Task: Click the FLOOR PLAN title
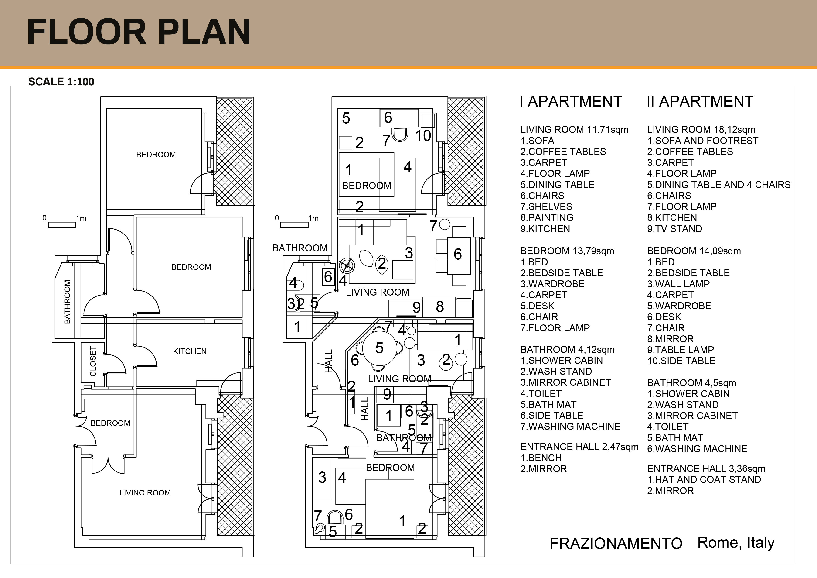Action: tap(138, 32)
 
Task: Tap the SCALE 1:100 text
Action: tap(61, 82)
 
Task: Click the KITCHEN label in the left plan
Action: tap(190, 351)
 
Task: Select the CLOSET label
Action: tap(93, 361)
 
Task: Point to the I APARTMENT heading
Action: tap(571, 101)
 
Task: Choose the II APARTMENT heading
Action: tap(700, 101)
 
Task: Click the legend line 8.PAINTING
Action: tap(547, 218)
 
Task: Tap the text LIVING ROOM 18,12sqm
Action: tap(701, 130)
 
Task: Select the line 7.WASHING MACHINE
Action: tap(570, 426)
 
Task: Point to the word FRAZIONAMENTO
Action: tap(616, 544)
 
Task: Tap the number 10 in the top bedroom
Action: tap(423, 136)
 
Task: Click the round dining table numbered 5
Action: tap(380, 348)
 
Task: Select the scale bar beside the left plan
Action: tap(62, 225)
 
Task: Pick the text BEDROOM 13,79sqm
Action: tap(567, 251)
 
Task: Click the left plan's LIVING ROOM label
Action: tap(145, 493)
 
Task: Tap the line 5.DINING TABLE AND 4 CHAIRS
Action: tap(719, 185)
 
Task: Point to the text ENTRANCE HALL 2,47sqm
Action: tap(579, 447)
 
